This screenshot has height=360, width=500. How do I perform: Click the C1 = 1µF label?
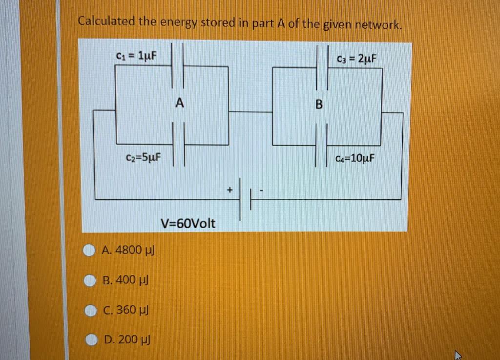point(136,55)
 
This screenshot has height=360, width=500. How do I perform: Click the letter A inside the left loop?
point(180,103)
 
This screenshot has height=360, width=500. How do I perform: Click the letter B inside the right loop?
point(319,105)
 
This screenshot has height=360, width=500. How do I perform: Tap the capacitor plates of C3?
point(322,67)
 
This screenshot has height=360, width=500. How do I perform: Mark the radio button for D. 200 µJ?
point(91,339)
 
